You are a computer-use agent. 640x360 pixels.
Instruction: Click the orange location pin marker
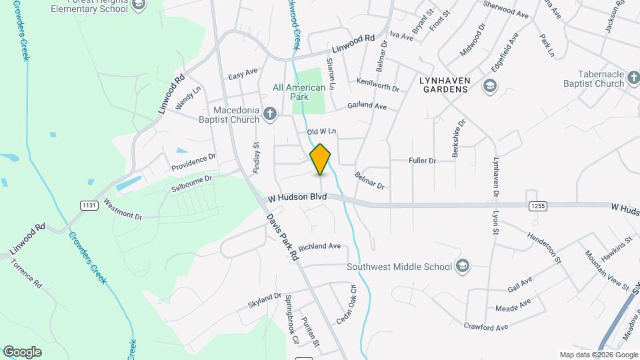click(321, 159)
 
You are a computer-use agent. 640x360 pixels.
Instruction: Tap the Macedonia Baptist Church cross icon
click(269, 113)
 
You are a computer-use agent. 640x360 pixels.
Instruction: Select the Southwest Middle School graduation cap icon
click(463, 267)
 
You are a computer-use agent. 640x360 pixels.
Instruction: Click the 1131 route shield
click(89, 205)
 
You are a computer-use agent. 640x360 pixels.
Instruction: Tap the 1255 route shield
click(538, 206)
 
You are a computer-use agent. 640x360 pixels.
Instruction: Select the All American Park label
click(299, 92)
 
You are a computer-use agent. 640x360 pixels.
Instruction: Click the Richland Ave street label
click(319, 247)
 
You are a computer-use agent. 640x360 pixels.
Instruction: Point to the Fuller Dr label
click(422, 161)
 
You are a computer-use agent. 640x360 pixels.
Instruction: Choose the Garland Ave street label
click(367, 106)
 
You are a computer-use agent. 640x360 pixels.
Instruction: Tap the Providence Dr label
click(193, 161)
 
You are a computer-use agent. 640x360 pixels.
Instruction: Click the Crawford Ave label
click(486, 327)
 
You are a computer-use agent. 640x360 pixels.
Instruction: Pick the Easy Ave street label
click(243, 73)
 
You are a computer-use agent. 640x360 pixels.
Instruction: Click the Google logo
click(22, 352)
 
